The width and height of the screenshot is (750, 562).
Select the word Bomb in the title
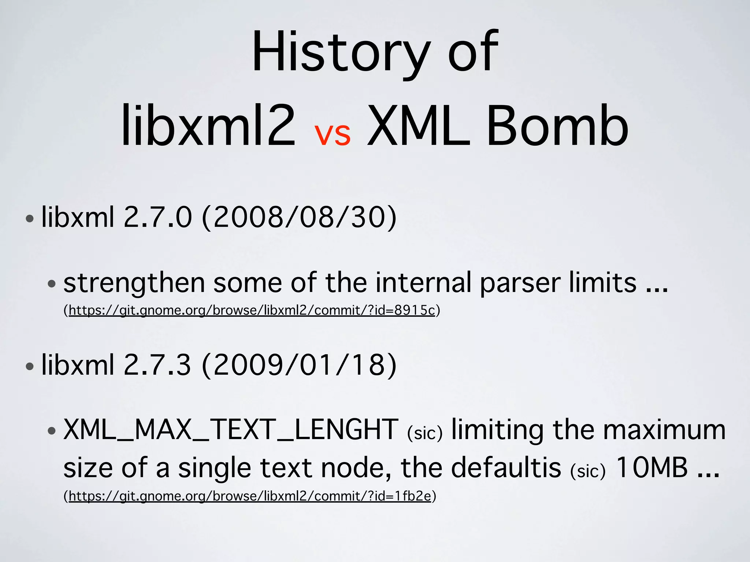(x=557, y=126)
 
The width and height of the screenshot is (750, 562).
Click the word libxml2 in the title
(x=208, y=126)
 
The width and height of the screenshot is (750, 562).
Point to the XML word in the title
(x=419, y=126)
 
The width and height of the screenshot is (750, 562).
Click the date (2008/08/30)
(x=299, y=217)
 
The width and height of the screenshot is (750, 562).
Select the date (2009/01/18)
(x=299, y=365)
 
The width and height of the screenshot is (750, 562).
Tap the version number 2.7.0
(x=157, y=217)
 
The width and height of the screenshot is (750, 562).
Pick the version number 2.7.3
(x=157, y=365)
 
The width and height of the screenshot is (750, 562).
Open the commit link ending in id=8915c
(x=252, y=311)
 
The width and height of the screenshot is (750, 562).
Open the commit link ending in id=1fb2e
(x=250, y=497)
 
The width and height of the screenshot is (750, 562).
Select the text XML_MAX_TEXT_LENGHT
(x=231, y=430)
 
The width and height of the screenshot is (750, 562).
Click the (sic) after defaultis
(x=588, y=471)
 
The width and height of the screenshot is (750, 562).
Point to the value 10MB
(x=652, y=468)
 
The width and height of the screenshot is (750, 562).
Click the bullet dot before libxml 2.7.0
(x=30, y=219)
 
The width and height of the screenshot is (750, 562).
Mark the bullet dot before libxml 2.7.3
(x=30, y=367)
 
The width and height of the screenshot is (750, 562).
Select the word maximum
(x=664, y=430)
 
